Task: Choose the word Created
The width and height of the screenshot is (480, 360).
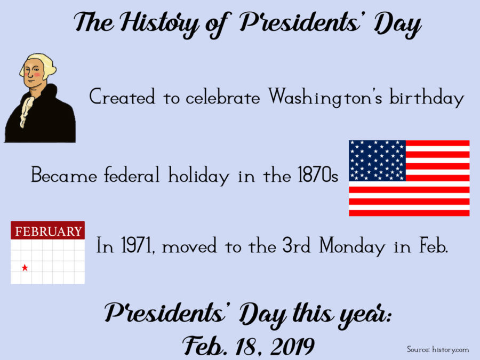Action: coord(122,98)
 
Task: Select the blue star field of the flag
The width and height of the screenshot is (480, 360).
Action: coord(378,161)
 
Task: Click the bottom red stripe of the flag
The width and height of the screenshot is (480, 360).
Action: coord(409,212)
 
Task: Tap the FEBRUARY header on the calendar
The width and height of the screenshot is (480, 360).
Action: coord(48,231)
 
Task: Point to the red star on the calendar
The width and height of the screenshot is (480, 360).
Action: coord(25,268)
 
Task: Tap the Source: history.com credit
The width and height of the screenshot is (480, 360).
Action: coord(438,349)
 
